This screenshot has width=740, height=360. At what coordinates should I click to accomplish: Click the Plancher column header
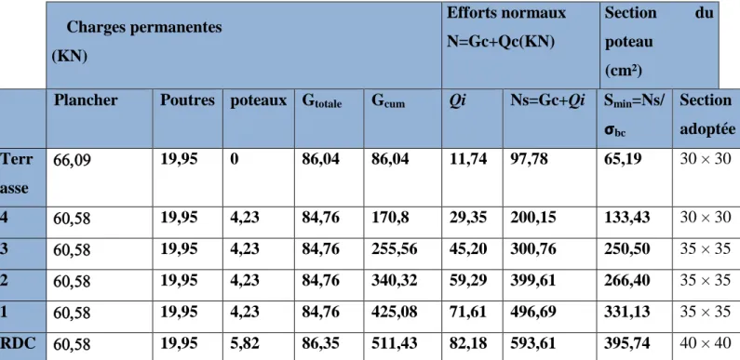pos(86,100)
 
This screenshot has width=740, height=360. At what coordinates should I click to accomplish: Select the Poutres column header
pos(187,100)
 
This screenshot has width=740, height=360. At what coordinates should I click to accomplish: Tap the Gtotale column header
pos(322,101)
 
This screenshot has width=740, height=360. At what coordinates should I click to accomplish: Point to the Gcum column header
pos(388,101)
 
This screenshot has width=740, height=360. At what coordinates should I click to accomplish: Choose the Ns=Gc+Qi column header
pos(547,100)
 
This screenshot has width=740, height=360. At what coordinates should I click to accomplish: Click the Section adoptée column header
pos(707,114)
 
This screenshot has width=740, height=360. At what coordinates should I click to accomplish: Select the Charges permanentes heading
pos(137,42)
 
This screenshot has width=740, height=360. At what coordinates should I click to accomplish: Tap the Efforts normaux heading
pos(506,27)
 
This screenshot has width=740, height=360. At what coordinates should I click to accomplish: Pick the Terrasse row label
pos(17,174)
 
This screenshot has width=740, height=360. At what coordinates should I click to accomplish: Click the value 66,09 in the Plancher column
pos(72,161)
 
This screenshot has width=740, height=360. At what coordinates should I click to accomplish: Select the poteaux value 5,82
pos(245,343)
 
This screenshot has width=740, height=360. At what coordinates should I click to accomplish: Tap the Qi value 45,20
pos(467,248)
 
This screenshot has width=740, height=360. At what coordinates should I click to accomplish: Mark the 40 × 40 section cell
pos(705,343)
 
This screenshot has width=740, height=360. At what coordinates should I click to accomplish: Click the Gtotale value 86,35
pos(320,343)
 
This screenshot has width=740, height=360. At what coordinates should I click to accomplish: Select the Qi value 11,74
pos(467,159)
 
